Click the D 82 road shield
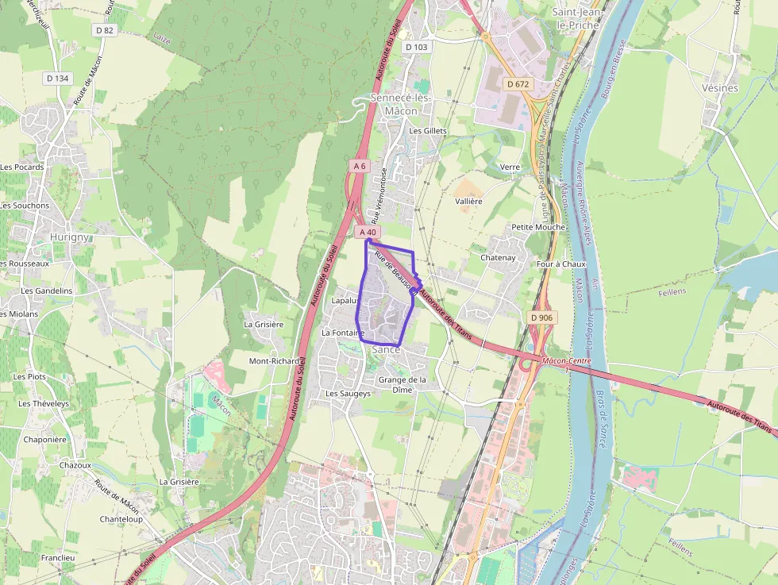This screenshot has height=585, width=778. click(105, 30)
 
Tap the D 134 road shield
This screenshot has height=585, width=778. click(58, 78)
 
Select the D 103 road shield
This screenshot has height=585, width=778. click(416, 47)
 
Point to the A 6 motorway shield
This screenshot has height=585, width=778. click(360, 166)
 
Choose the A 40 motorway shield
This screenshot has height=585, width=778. click(367, 232)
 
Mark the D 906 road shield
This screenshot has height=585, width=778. click(541, 318)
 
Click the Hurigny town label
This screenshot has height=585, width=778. click(70, 237)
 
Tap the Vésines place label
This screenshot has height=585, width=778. click(720, 88)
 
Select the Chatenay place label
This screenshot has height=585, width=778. click(498, 257)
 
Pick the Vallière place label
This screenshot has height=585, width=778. click(468, 202)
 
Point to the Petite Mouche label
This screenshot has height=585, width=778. click(538, 227)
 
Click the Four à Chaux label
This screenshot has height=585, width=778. click(561, 264)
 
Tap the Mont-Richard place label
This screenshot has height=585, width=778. click(274, 360)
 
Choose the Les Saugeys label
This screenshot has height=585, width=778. click(348, 393)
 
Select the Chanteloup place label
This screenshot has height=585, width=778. click(121, 519)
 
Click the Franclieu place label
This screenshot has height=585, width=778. click(58, 557)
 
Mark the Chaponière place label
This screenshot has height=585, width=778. click(44, 439)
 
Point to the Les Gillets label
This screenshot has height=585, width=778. click(428, 131)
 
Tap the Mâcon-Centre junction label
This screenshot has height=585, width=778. click(568, 361)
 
